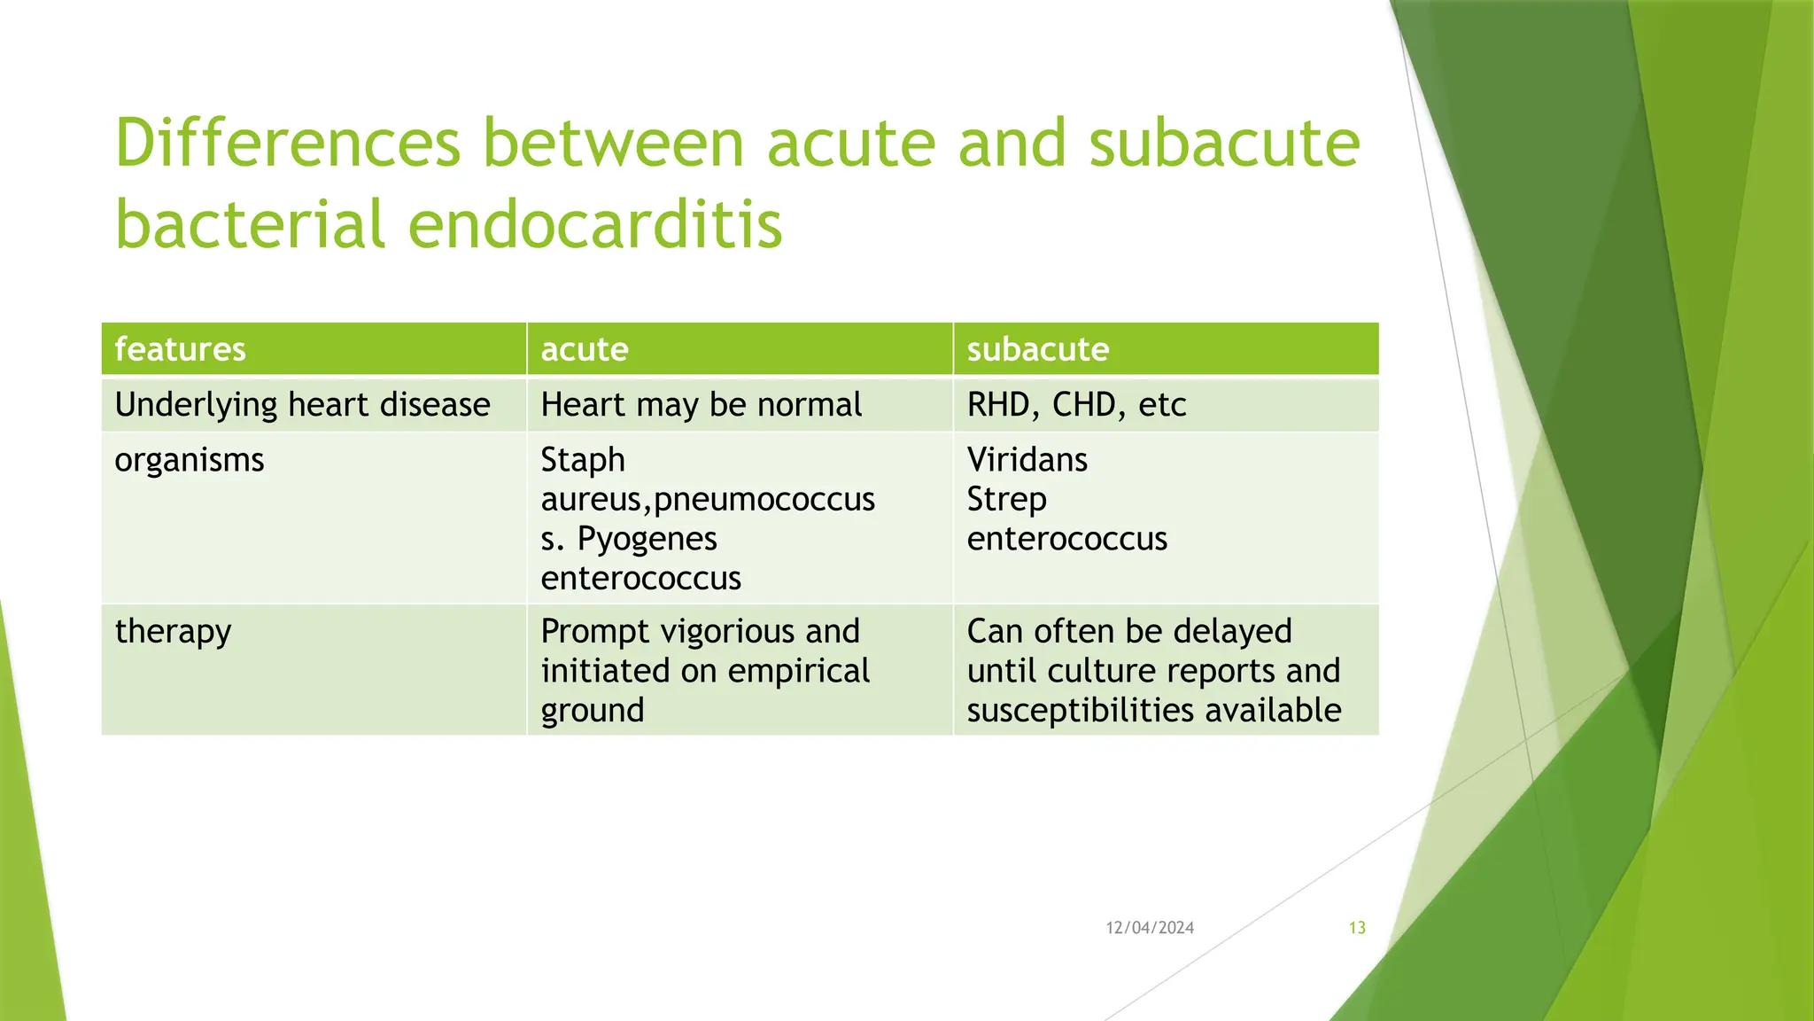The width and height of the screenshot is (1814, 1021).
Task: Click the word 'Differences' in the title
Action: pos(288,144)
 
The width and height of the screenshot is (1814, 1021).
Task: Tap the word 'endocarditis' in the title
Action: pos(594,223)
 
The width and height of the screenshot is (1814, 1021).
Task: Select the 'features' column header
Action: pos(180,349)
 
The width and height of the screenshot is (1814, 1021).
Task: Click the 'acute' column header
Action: pos(585,349)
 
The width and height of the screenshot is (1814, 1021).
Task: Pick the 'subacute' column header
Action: pos(1037,349)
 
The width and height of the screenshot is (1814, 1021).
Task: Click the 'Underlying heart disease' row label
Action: pos(302,405)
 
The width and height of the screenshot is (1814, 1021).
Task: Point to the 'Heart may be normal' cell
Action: pos(701,405)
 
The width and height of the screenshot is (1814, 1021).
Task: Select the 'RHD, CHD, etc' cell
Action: pos(1076,405)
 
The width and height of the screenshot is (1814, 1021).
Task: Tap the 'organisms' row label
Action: pos(190,460)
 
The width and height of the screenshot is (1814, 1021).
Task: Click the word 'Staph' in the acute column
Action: pos(583,460)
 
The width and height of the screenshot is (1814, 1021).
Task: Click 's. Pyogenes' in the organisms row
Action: pos(629,539)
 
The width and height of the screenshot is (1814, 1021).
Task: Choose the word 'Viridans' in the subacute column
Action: pos(1027,460)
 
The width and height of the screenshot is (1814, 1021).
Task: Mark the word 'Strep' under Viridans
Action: pos(1006,500)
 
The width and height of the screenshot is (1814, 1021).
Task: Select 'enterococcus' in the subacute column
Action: pos(1066,539)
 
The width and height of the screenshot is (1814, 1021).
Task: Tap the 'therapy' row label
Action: pos(173,632)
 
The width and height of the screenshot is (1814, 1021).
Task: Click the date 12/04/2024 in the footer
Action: pos(1150,928)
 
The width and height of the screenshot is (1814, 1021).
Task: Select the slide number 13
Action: pos(1357,928)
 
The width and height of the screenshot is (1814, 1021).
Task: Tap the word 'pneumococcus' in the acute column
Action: pos(764,500)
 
